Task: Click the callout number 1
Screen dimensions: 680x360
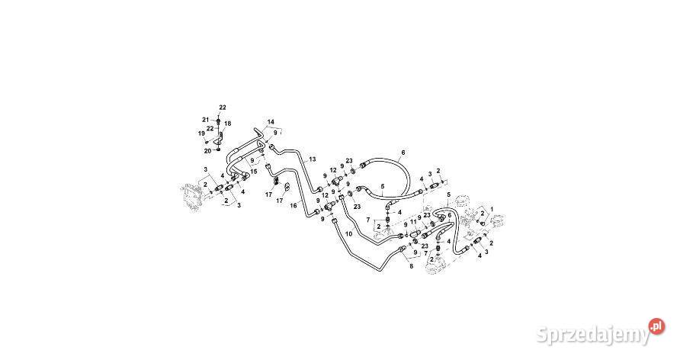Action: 492,209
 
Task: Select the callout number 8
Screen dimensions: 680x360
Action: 412,267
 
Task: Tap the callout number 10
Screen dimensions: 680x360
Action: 349,233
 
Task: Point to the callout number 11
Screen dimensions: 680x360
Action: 413,222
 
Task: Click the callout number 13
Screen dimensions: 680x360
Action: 313,159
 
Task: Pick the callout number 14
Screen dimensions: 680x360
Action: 271,121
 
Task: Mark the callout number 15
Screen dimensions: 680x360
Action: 254,172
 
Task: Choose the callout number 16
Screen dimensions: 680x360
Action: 293,206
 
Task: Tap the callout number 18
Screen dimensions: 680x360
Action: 228,124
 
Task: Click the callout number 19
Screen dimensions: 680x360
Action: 202,133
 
